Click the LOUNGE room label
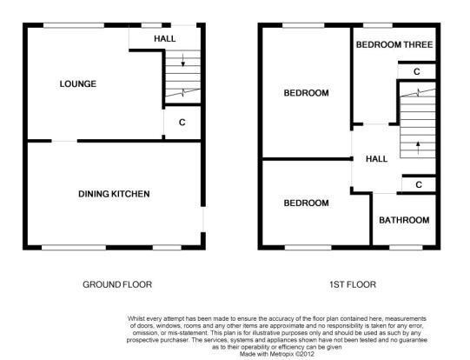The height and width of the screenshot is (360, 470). tap(78, 83)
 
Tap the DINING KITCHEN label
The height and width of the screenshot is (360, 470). tap(114, 194)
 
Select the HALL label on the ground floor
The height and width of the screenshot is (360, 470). tap(165, 39)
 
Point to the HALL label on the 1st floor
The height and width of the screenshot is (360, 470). tap(377, 159)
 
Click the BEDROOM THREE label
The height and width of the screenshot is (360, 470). tap(394, 44)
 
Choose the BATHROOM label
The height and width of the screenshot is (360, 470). tap(404, 220)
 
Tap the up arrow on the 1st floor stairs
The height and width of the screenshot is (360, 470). tap(418, 148)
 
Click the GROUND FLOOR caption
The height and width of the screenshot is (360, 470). tap(117, 284)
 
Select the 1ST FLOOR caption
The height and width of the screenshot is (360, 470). tap(353, 284)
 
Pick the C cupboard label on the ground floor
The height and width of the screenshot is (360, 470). tap(182, 123)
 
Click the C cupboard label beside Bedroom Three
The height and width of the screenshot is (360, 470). tap(417, 71)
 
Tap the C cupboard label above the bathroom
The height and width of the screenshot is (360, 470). tap(419, 184)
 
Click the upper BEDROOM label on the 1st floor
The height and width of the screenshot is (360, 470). tap(306, 93)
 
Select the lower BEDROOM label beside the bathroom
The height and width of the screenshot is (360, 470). tap(306, 203)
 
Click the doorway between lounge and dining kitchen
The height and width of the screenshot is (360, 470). tap(64, 141)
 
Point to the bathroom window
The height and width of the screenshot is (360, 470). tap(406, 248)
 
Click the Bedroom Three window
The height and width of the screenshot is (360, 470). tap(378, 25)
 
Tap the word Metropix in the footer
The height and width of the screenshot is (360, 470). tap(281, 354)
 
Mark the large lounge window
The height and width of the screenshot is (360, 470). tap(74, 25)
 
